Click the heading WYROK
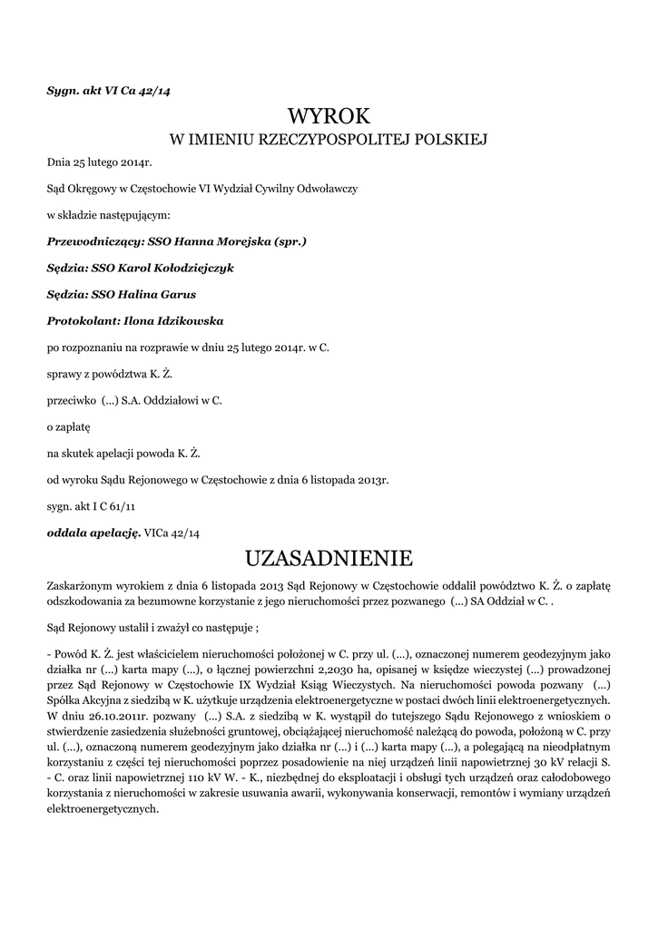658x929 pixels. [x=329, y=116]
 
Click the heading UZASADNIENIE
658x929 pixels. [x=329, y=555]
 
